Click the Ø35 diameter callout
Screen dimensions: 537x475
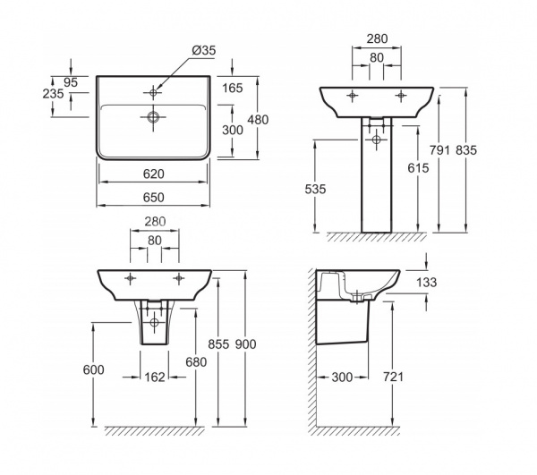(204, 50)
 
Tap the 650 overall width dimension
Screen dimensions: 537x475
(154, 198)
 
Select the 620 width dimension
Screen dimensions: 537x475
(154, 174)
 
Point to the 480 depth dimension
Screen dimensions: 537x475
(259, 120)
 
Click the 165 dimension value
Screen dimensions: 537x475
(233, 89)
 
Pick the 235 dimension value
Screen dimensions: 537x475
(53, 93)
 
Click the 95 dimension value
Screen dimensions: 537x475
(71, 82)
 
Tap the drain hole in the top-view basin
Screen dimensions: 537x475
(153, 117)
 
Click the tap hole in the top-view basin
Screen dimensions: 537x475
(153, 92)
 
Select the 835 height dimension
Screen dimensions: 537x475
(466, 150)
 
